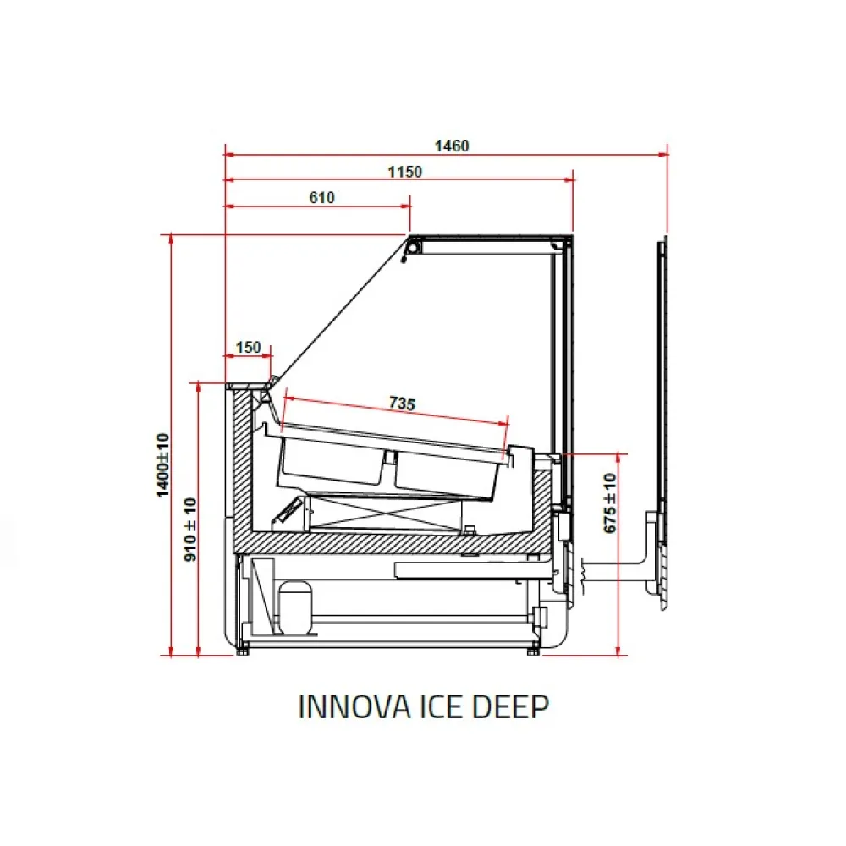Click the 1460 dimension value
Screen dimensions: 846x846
(451, 146)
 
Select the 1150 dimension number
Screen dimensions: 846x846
(404, 172)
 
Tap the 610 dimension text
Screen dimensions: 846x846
(321, 198)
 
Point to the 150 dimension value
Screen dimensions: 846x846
(248, 348)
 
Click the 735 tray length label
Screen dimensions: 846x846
(402, 404)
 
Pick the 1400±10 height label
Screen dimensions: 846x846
(162, 465)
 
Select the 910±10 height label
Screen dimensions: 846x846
(190, 530)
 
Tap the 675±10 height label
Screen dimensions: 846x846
(610, 503)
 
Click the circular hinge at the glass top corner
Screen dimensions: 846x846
(414, 246)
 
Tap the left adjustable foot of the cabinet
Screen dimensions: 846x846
(244, 649)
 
